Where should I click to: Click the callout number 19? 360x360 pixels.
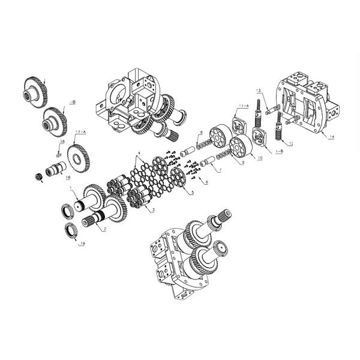click(82, 244)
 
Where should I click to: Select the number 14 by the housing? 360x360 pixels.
click(332, 137)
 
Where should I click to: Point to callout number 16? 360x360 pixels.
click(68, 178)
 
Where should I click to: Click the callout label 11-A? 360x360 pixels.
click(243, 106)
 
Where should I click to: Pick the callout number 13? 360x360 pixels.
click(259, 91)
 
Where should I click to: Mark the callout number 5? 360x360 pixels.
click(192, 193)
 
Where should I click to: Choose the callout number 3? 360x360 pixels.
click(153, 210)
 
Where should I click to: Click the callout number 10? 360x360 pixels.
click(260, 158)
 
